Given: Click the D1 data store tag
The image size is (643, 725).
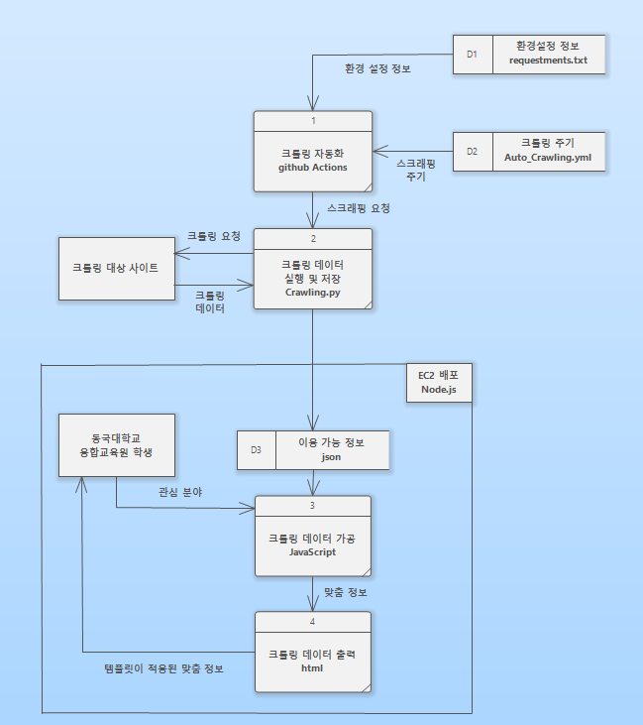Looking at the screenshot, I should tap(473, 54).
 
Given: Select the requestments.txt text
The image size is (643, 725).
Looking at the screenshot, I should tap(548, 60).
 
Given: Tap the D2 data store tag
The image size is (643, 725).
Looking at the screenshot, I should tap(473, 152).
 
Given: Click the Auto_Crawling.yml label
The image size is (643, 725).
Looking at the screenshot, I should tap(547, 159).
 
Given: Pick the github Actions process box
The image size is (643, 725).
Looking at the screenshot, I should tap(312, 160).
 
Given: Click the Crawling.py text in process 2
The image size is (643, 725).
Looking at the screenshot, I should tap(312, 292).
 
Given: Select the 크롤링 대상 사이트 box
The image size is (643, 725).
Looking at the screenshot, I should tap(116, 268).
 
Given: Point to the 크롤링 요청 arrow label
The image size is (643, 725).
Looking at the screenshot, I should tap(214, 236).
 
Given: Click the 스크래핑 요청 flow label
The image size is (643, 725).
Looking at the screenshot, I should tap(359, 208).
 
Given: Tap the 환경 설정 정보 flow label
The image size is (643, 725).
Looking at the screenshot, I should tap(377, 68).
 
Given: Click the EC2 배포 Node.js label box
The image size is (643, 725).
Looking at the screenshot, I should tap(439, 382).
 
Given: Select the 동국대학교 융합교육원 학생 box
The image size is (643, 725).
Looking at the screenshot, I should tap(116, 444).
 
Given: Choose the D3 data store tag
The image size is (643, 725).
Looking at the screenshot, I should tap(256, 449).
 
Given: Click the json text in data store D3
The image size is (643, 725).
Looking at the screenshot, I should tap(332, 457).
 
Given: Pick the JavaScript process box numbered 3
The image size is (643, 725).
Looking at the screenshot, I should tap(312, 544).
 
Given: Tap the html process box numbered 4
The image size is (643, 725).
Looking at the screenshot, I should tap(312, 661).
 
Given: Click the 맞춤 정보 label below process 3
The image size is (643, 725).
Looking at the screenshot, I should tap(346, 592).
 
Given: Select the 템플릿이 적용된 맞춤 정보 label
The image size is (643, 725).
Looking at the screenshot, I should tap(152, 668).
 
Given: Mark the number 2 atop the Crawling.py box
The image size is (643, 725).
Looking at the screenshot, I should tap(312, 238).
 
